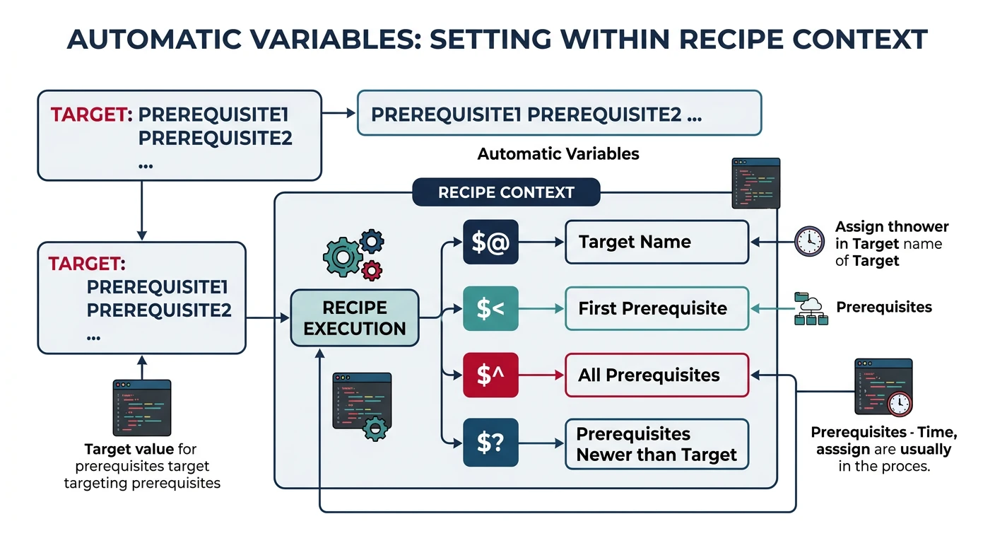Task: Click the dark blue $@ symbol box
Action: (490, 243)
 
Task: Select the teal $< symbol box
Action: (490, 308)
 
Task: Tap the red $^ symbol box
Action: (490, 375)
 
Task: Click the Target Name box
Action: (657, 243)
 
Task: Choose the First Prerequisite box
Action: (657, 308)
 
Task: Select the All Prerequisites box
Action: (657, 375)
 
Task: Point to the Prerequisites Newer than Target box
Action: (657, 444)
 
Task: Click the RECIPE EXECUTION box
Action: (355, 318)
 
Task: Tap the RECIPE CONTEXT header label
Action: (506, 192)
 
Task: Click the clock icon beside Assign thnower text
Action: (809, 241)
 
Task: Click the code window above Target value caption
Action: (142, 407)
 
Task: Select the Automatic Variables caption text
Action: (558, 153)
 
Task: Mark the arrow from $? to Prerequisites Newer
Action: (541, 443)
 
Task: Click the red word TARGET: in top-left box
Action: (91, 115)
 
